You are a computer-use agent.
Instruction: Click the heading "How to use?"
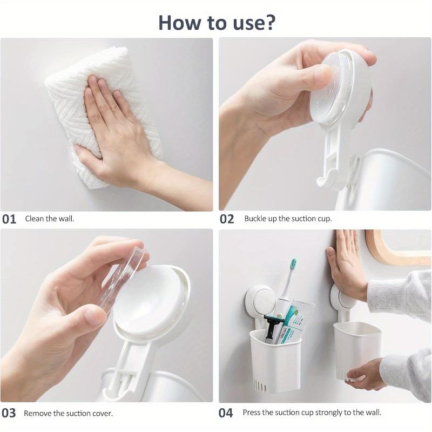pos(217,22)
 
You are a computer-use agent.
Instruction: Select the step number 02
pos(227,219)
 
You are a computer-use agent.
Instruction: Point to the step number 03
pos(9,414)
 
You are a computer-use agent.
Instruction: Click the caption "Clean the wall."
pos(50,219)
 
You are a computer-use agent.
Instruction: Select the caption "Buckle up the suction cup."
pos(288,219)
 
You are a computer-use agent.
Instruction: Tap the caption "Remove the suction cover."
pos(68,414)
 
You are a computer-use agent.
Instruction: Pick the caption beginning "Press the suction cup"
pos(312,413)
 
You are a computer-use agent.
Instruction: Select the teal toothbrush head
pos(293,265)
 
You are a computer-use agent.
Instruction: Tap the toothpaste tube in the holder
pos(294,321)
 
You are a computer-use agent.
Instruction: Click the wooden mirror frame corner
pos(378,254)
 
